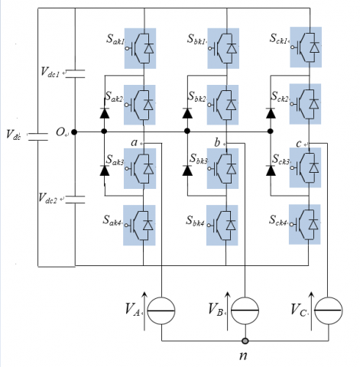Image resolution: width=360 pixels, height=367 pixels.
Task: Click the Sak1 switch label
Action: point(115,40)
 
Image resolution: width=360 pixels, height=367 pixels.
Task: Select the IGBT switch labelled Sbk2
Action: point(222,105)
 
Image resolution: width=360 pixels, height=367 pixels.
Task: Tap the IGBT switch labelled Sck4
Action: point(305,224)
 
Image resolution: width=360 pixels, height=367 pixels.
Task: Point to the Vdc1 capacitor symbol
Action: point(75,73)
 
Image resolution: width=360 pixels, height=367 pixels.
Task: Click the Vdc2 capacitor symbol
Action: point(75,200)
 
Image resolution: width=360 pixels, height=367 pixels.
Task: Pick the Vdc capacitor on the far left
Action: point(38,137)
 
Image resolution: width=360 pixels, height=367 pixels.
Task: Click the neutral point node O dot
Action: point(74,132)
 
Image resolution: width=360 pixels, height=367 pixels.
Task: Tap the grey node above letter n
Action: point(245,341)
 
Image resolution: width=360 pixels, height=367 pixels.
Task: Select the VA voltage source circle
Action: point(161,310)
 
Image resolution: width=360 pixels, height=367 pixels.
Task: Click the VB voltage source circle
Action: point(245,310)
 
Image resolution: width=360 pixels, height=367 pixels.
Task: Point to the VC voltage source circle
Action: point(329,310)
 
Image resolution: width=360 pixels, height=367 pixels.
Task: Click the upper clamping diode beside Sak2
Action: point(105,113)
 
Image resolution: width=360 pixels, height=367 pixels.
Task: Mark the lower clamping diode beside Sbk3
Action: point(187,171)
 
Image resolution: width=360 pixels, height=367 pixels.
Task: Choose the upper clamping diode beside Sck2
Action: point(271,113)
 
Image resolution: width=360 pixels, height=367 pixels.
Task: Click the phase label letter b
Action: point(217,142)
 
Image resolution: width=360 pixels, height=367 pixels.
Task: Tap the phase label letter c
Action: point(299,144)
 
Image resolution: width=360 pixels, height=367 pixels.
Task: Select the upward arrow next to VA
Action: point(144,311)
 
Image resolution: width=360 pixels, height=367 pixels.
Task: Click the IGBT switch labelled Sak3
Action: point(140,168)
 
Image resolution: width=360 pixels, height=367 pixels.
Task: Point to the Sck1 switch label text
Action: point(279,39)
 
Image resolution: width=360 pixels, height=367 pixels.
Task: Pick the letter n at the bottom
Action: point(244,356)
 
